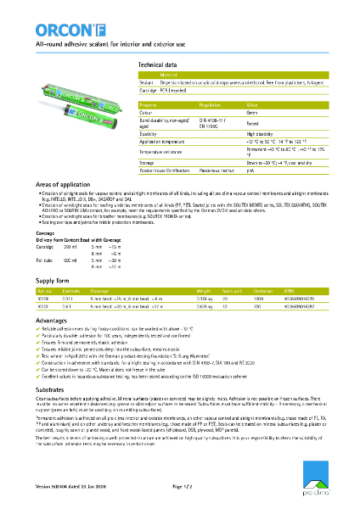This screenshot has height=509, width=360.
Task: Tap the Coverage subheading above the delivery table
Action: point(46,232)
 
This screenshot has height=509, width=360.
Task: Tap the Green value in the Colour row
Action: point(253,111)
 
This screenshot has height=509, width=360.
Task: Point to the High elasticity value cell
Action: point(260,134)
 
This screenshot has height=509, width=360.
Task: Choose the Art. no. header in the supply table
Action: point(45,288)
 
